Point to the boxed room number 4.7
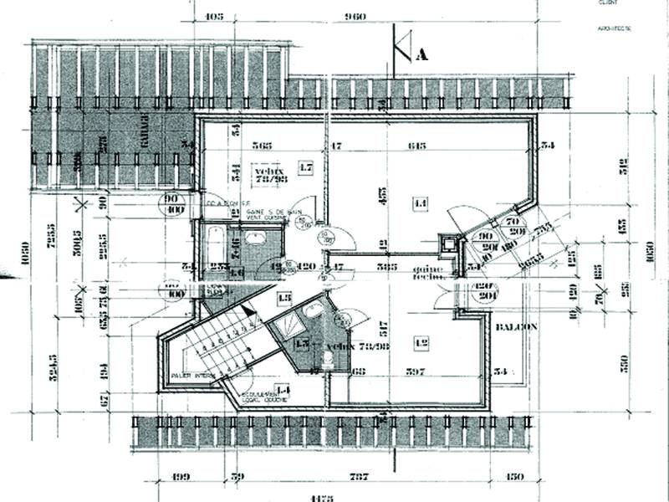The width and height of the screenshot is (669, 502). (x=305, y=168)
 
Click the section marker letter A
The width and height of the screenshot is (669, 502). (x=421, y=55)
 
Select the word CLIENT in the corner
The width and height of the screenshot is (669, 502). (x=607, y=3)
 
